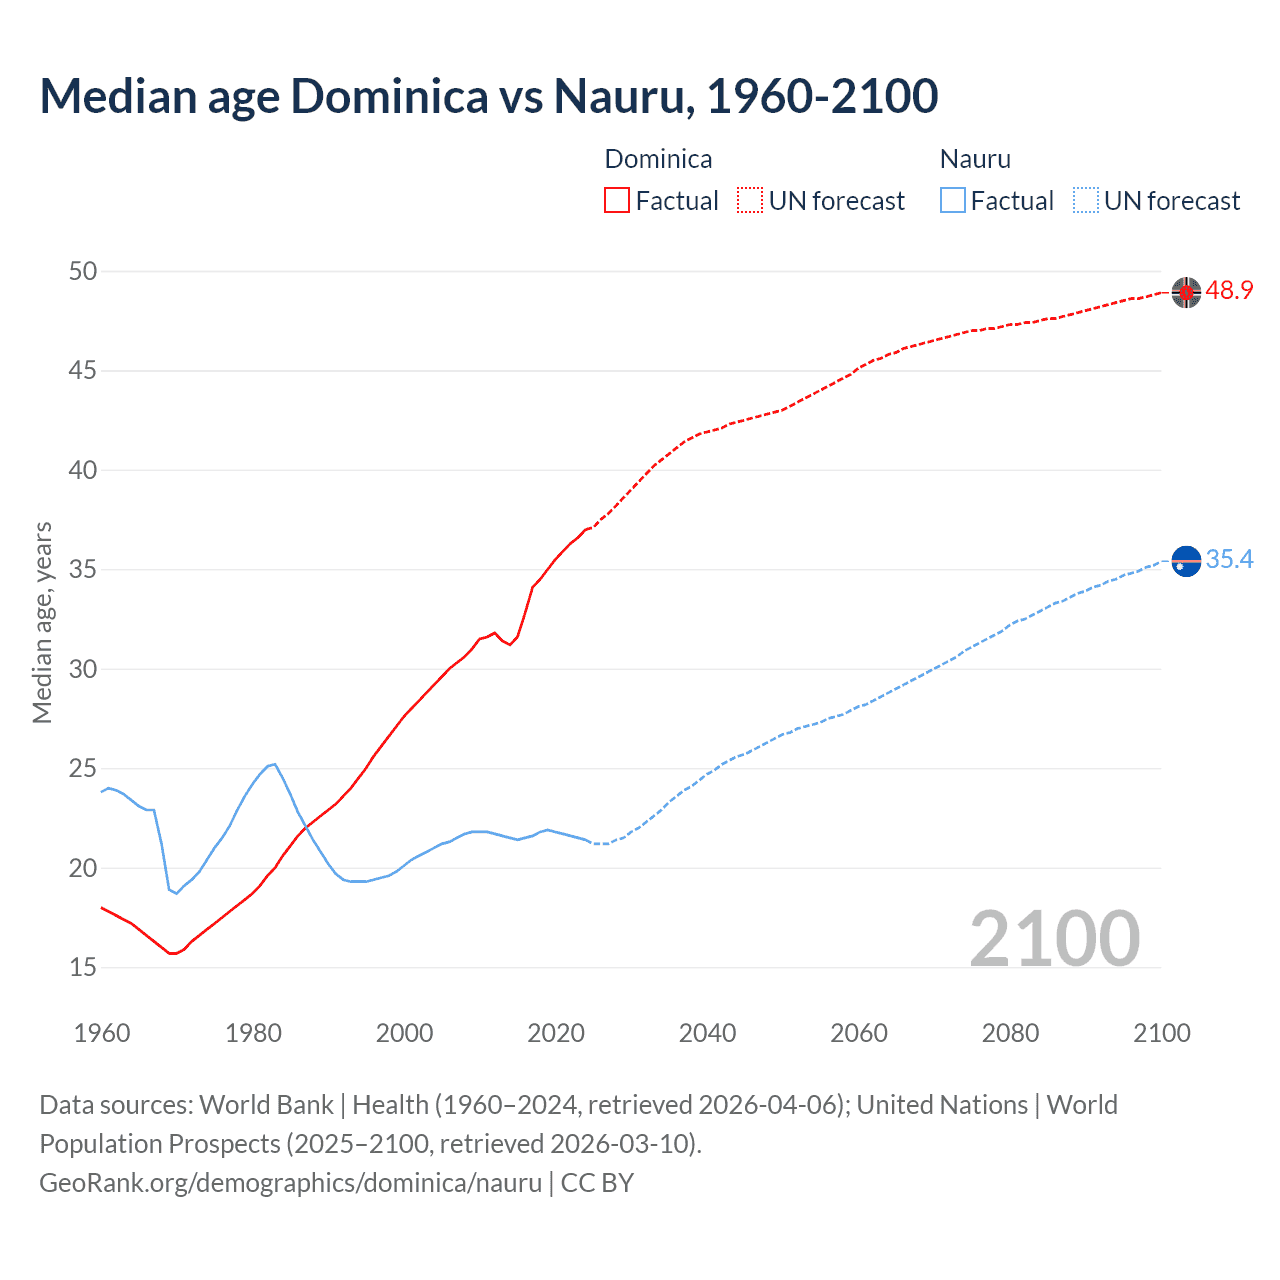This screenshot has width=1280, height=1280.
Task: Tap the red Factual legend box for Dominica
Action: coord(617,200)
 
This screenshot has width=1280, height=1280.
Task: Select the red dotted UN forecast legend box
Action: coord(750,200)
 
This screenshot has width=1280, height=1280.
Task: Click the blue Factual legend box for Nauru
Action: coord(953,200)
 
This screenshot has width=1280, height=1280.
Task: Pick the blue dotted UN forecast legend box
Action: coord(1086,200)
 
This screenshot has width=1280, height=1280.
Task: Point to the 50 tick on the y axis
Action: coord(83,271)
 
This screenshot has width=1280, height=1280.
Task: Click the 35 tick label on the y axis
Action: coord(83,570)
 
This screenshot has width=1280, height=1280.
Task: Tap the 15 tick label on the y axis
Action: coord(83,967)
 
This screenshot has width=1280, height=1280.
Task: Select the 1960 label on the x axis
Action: coord(102,1033)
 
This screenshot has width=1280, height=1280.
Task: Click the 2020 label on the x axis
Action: coord(556,1033)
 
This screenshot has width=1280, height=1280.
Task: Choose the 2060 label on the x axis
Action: coord(859,1033)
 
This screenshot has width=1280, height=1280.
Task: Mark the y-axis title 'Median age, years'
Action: coord(42,622)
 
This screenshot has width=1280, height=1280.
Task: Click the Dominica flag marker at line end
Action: coord(1186,292)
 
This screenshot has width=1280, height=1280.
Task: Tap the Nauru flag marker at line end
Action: coord(1186,561)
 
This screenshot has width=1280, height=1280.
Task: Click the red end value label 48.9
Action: coord(1229,291)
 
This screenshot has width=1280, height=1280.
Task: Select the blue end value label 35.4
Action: coord(1229,560)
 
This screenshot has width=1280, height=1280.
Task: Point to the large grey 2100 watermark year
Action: coord(1054,938)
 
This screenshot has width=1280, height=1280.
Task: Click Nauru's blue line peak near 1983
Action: coord(274,764)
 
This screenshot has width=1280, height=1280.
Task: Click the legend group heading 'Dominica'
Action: coord(658,159)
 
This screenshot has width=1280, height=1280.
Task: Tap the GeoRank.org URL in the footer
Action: coord(290,1182)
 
